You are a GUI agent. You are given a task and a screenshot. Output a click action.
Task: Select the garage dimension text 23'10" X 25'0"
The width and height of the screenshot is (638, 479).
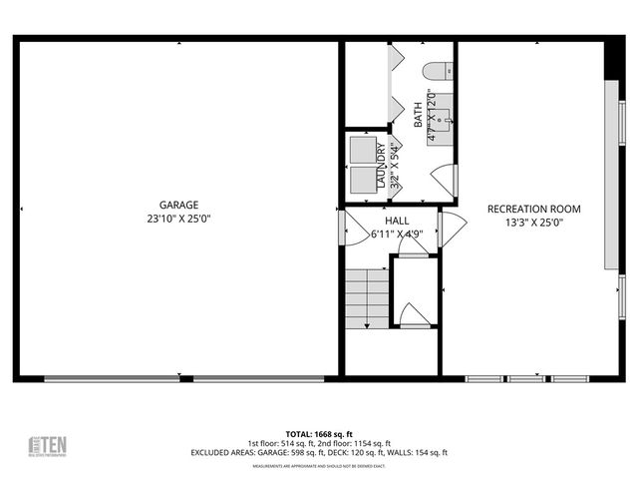(179, 217)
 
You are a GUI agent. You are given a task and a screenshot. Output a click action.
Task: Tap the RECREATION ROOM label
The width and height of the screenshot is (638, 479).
(533, 209)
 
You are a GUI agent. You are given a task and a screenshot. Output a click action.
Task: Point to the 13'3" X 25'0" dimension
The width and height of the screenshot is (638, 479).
(533, 224)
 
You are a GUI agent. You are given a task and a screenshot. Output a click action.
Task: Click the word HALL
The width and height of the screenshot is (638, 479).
(397, 221)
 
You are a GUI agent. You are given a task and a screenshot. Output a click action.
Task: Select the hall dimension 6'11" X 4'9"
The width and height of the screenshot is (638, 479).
(397, 236)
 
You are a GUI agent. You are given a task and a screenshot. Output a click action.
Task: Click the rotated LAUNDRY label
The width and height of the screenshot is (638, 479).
(381, 165)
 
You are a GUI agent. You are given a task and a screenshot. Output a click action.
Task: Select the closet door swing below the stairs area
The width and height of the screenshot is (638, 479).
(412, 315)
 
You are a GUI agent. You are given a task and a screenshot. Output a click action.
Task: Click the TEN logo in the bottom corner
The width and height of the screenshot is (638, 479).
(47, 445)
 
